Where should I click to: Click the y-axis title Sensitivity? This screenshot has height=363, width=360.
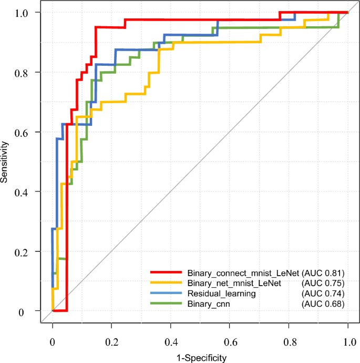point(5,162)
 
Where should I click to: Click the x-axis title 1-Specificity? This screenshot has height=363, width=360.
point(200,358)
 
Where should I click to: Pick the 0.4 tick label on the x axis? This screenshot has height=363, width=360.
point(170,342)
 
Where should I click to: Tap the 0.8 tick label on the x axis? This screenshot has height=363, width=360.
point(289,342)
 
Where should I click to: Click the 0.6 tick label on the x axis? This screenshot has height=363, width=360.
point(230,342)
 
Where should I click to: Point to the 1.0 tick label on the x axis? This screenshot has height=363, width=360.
point(348,342)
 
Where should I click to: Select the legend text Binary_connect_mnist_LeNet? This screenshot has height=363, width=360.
point(243,273)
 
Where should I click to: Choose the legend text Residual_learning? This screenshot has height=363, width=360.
point(221,294)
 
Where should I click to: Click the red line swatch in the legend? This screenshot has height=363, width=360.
point(167,273)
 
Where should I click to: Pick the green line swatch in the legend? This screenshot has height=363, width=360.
point(167,304)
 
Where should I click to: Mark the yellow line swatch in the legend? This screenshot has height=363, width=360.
point(167,284)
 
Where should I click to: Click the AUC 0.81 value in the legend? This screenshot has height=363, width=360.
point(323,273)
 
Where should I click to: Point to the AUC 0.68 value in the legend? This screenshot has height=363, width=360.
point(323,304)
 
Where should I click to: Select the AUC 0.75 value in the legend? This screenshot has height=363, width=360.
point(323,284)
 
